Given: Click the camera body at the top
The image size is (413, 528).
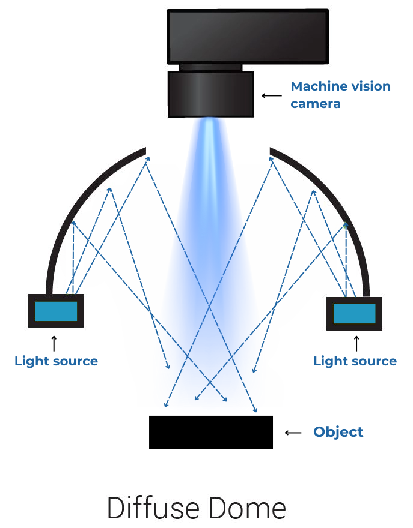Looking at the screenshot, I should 248,36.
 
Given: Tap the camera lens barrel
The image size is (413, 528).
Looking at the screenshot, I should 210,94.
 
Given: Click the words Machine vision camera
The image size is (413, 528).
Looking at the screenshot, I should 340,95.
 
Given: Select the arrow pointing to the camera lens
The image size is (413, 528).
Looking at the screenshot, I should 271,95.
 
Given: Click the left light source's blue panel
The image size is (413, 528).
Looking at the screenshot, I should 56,311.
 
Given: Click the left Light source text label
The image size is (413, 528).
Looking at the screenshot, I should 56,361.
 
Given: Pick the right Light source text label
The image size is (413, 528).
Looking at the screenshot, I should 355,361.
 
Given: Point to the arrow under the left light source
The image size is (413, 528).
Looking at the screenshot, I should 54,343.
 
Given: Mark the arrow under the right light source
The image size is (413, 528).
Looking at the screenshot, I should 356,343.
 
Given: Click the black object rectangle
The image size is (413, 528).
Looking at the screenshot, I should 210,432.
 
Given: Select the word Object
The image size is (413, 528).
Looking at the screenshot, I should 338,432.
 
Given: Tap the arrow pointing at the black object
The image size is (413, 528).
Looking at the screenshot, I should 293,433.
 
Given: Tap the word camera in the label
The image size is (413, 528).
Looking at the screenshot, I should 316,104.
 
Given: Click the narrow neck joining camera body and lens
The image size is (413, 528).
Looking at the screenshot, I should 210,67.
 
